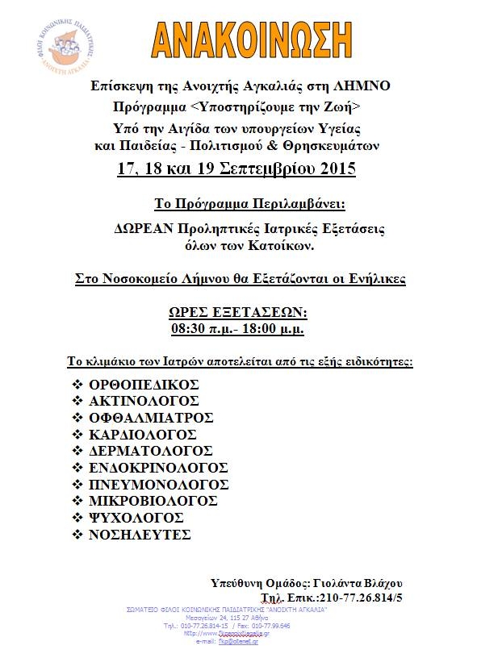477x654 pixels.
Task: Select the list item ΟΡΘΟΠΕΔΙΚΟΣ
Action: coord(144,385)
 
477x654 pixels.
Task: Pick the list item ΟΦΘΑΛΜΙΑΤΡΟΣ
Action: coord(151,418)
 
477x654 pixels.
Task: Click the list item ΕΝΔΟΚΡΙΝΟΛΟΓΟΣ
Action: coord(158,468)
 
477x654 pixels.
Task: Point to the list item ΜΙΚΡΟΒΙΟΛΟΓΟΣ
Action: coord(154,501)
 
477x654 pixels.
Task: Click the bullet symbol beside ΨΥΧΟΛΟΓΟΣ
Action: coord(77,518)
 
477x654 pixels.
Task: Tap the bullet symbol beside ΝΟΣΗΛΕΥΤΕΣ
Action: coord(77,535)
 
